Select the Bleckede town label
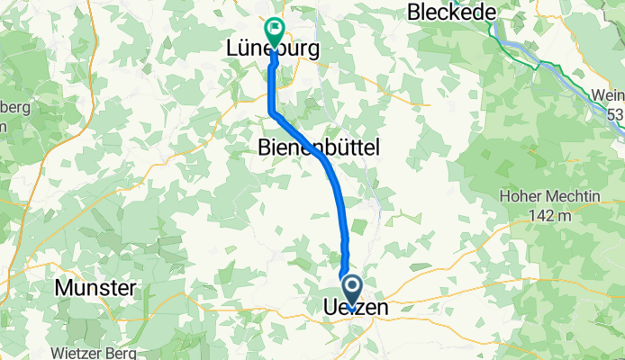[x=447, y=12]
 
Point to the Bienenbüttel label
[x=319, y=146]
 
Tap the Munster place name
[x=95, y=288]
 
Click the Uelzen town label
[x=355, y=309]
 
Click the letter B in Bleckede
[x=414, y=12]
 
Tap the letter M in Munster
[x=64, y=288]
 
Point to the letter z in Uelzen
[x=362, y=309]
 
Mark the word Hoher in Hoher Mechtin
[x=516, y=197]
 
